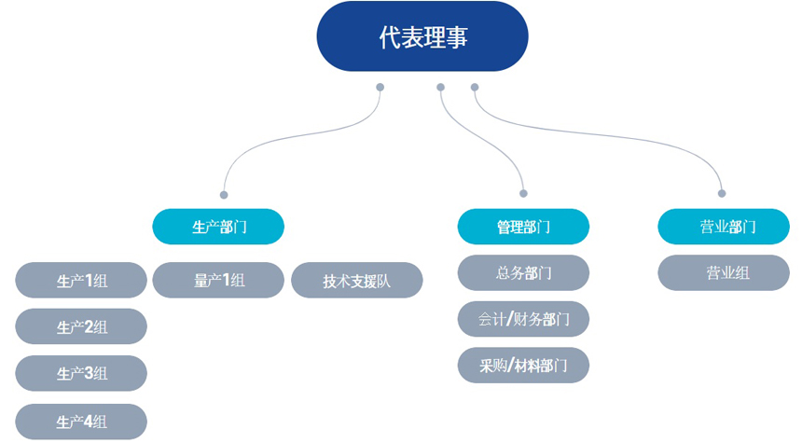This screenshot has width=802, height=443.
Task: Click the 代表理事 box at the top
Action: (422, 37)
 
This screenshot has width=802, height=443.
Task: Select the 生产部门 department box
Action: (218, 227)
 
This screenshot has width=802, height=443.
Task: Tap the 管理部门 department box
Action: (523, 227)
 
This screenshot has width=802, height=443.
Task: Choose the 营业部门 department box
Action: (724, 227)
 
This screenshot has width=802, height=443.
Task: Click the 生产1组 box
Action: (81, 281)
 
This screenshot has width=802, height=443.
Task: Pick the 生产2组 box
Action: (81, 327)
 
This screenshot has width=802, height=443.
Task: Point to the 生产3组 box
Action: (81, 374)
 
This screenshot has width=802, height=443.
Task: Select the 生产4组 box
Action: (81, 422)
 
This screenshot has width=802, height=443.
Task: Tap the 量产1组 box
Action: (218, 280)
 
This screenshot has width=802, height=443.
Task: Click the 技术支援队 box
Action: (357, 280)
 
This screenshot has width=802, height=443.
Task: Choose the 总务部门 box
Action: (523, 273)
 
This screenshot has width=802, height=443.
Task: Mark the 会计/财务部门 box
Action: (523, 320)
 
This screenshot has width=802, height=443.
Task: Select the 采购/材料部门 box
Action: (523, 366)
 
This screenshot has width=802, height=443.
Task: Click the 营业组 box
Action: (724, 273)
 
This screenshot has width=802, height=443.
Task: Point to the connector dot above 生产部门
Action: (224, 195)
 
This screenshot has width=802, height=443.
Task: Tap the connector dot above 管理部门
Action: (523, 194)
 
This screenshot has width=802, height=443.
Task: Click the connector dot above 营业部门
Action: (722, 194)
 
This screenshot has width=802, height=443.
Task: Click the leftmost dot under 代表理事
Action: (380, 88)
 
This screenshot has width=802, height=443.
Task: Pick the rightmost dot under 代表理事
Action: (475, 88)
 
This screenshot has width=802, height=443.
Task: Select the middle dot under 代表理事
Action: (440, 88)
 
